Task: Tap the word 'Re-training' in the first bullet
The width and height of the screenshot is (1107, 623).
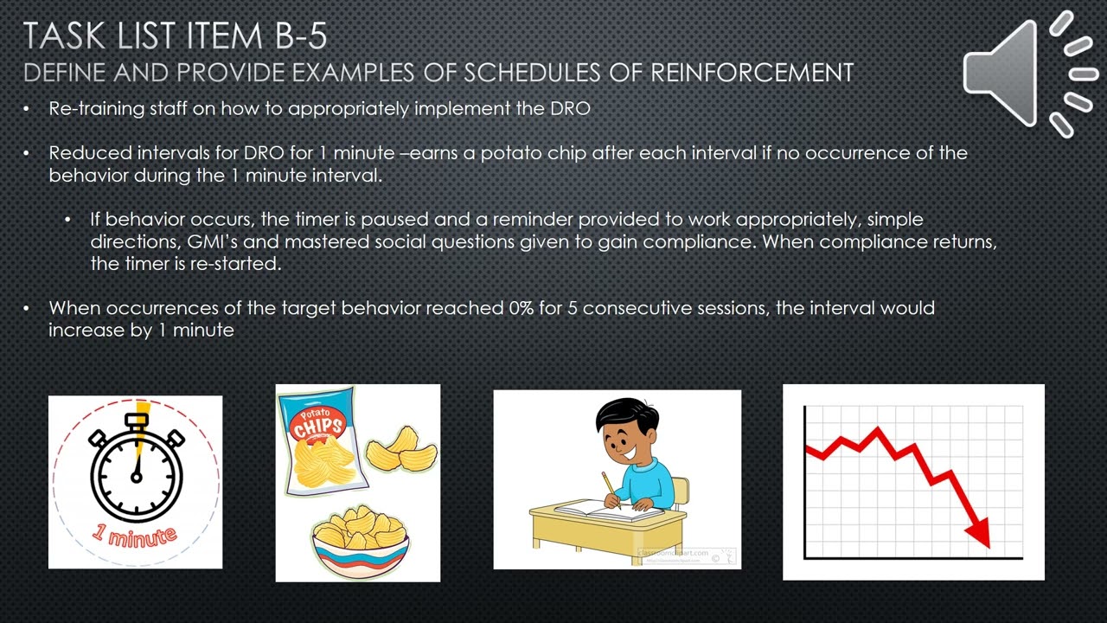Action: [x=90, y=108]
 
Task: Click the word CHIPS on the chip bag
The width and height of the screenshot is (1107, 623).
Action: [x=317, y=426]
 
